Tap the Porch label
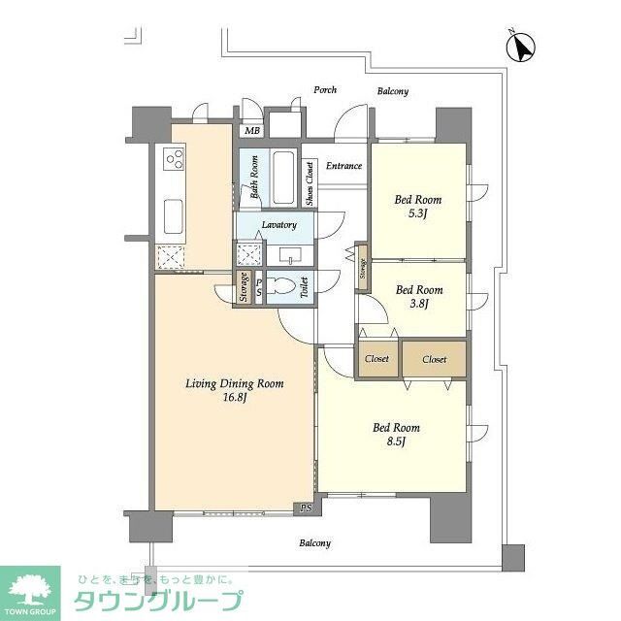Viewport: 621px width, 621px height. [x=325, y=90]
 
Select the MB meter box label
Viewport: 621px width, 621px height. [x=252, y=130]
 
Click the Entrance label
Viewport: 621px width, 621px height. [x=343, y=166]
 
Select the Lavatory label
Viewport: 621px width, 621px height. [x=278, y=225]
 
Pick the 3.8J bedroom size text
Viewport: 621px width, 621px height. [x=419, y=304]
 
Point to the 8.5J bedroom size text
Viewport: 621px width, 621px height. [x=396, y=441]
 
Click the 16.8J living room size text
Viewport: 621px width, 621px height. [x=234, y=398]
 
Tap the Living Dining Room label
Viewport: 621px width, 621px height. [x=235, y=384]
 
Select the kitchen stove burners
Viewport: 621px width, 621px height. [x=174, y=158]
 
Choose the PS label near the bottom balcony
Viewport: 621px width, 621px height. [x=306, y=507]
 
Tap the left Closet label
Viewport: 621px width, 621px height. [x=376, y=359]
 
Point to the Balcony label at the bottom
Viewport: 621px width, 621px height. [x=314, y=543]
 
